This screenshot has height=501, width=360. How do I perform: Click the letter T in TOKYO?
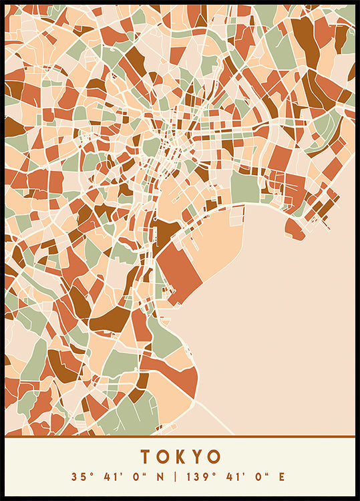click(x=146, y=457)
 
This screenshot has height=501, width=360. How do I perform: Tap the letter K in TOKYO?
click(x=180, y=457)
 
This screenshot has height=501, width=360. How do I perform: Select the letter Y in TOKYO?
click(x=196, y=457)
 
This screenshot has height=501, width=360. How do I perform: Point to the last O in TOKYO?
click(x=214, y=457)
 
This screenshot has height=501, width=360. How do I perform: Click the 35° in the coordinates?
click(x=81, y=477)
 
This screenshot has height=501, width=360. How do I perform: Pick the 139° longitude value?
click(x=197, y=477)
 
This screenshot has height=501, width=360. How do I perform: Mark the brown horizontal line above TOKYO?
click(x=180, y=437)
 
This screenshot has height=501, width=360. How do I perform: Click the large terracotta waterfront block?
click(x=180, y=271)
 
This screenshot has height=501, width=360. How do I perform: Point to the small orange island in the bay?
click(x=295, y=229)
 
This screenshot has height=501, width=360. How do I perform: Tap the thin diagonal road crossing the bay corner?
click(x=214, y=417)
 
